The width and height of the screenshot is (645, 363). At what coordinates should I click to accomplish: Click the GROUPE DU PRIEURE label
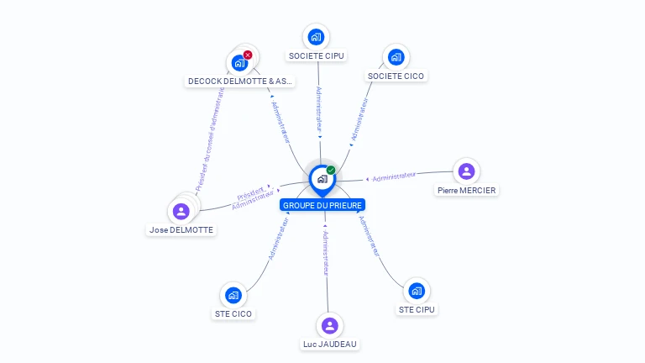pyautogui.click(x=322, y=205)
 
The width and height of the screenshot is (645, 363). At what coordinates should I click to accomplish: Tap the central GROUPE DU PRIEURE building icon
pyautogui.click(x=322, y=178)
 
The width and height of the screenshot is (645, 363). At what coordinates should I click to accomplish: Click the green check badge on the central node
pyautogui.click(x=331, y=171)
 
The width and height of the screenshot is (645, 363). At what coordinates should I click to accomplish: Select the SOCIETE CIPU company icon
pyautogui.click(x=316, y=37)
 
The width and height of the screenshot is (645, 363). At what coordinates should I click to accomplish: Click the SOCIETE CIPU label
pyautogui.click(x=316, y=56)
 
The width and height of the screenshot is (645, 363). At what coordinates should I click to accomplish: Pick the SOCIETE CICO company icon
pyautogui.click(x=396, y=57)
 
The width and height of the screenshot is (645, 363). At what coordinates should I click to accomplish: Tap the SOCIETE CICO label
pyautogui.click(x=396, y=76)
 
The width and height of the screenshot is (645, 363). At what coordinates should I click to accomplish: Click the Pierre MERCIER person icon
pyautogui.click(x=466, y=171)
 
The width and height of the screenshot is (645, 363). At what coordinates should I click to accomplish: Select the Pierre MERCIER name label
pyautogui.click(x=467, y=191)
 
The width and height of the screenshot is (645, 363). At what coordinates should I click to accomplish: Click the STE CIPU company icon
pyautogui.click(x=417, y=291)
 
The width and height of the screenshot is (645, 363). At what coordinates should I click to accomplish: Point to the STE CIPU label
pyautogui.click(x=417, y=309)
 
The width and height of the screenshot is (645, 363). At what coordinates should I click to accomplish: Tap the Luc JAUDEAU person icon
pyautogui.click(x=330, y=325)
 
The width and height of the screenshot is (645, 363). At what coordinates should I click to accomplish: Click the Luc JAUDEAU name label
pyautogui.click(x=330, y=344)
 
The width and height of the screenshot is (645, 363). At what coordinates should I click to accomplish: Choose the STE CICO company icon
pyautogui.click(x=233, y=295)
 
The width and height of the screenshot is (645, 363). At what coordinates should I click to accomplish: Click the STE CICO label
pyautogui.click(x=233, y=314)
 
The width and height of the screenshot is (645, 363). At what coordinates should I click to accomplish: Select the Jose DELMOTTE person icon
pyautogui.click(x=181, y=211)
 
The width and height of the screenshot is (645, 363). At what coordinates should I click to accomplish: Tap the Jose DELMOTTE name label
pyautogui.click(x=181, y=230)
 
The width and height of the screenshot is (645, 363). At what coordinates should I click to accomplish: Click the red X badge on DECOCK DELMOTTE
pyautogui.click(x=248, y=55)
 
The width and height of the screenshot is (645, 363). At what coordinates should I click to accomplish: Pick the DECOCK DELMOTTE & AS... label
pyautogui.click(x=240, y=82)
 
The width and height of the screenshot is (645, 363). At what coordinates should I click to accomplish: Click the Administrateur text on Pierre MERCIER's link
pyautogui.click(x=394, y=176)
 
